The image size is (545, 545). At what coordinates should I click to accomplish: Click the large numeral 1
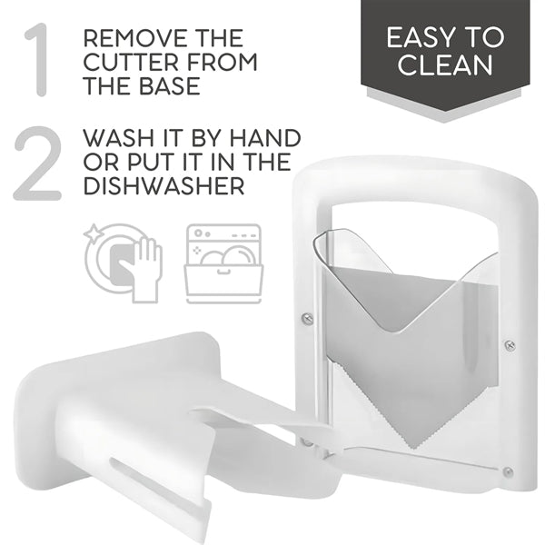click(37, 60)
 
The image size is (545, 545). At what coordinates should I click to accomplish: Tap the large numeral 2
click(37, 163)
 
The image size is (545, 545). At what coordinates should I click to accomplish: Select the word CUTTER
click(129, 62)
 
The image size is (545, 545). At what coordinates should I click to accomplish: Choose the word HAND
click(265, 138)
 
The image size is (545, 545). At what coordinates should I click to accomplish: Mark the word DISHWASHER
click(163, 186)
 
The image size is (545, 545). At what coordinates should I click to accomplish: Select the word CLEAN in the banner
click(445, 65)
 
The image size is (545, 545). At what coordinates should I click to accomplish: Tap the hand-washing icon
click(123, 263)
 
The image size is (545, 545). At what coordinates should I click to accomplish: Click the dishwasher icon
click(223, 263)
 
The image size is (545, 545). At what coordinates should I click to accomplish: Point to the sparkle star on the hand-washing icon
click(94, 233)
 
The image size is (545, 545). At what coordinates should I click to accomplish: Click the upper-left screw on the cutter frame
click(307, 318)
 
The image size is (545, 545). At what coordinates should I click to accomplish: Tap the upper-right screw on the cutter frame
click(510, 345)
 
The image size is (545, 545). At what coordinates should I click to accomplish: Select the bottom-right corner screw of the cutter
click(508, 471)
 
